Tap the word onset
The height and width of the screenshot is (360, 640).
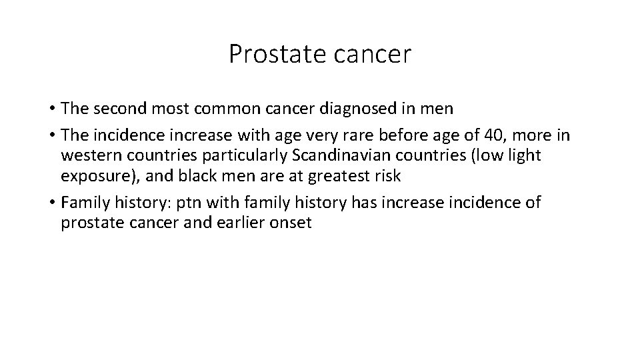[289, 223]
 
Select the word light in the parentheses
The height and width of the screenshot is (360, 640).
[525, 157]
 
